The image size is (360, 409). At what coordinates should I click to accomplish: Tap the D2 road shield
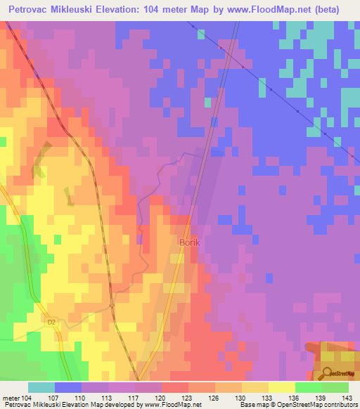pos(51,323)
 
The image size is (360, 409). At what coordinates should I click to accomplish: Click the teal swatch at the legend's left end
pos(41,387)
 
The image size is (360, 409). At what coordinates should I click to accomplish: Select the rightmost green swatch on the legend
pos(335,387)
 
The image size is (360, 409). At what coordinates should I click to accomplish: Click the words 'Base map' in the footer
pos(253,405)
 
